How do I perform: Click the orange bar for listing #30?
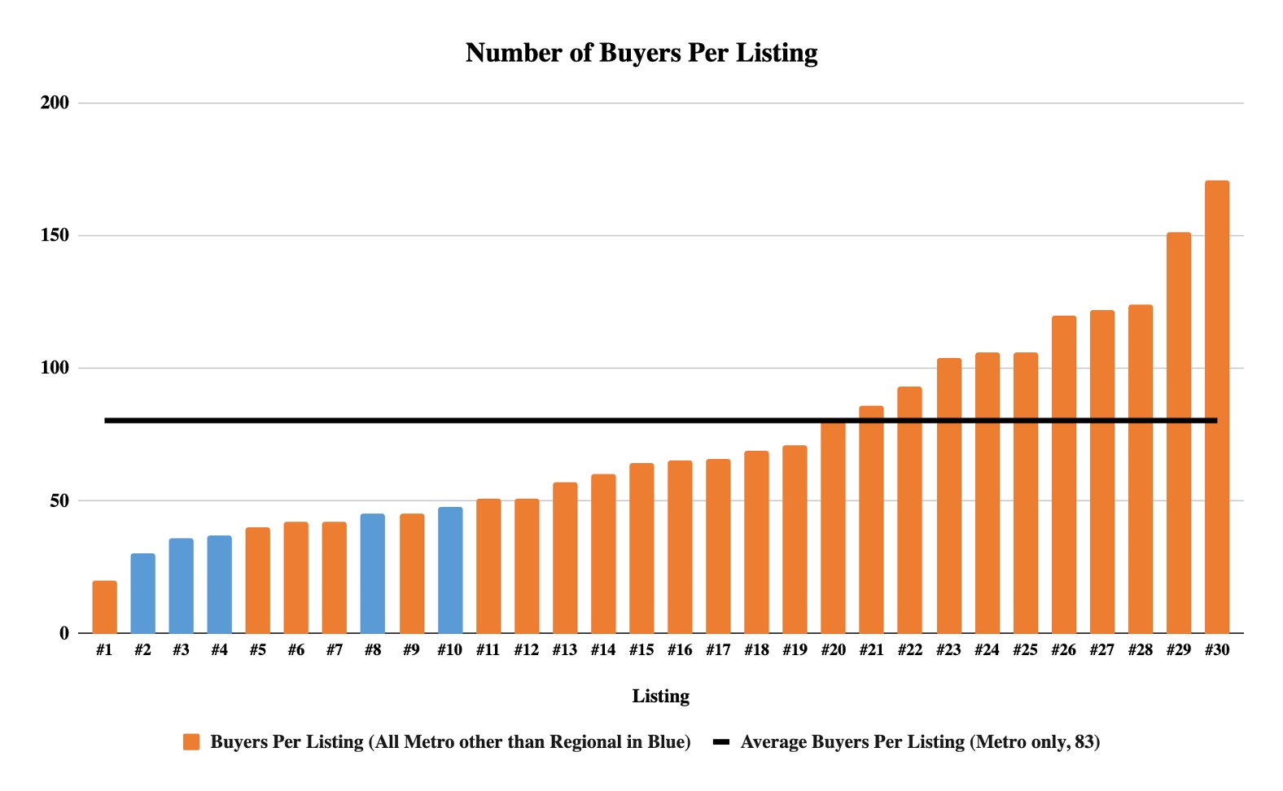[1216, 407]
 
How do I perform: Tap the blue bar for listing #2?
[142, 593]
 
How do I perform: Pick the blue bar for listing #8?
[373, 574]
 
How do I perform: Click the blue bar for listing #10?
[449, 570]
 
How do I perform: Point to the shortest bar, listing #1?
[104, 607]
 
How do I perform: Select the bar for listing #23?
[948, 496]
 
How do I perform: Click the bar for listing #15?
[641, 548]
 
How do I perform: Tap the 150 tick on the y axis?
[55, 235]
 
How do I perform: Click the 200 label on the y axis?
[55, 103]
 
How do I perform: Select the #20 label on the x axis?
[833, 650]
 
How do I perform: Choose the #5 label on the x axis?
[257, 650]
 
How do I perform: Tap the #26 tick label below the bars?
[1063, 650]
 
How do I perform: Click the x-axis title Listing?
[660, 697]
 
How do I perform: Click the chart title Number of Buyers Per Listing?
[641, 53]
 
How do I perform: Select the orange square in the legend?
[191, 742]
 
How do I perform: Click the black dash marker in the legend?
[720, 742]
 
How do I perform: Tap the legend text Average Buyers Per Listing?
[920, 742]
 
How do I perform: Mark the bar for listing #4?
[219, 584]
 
